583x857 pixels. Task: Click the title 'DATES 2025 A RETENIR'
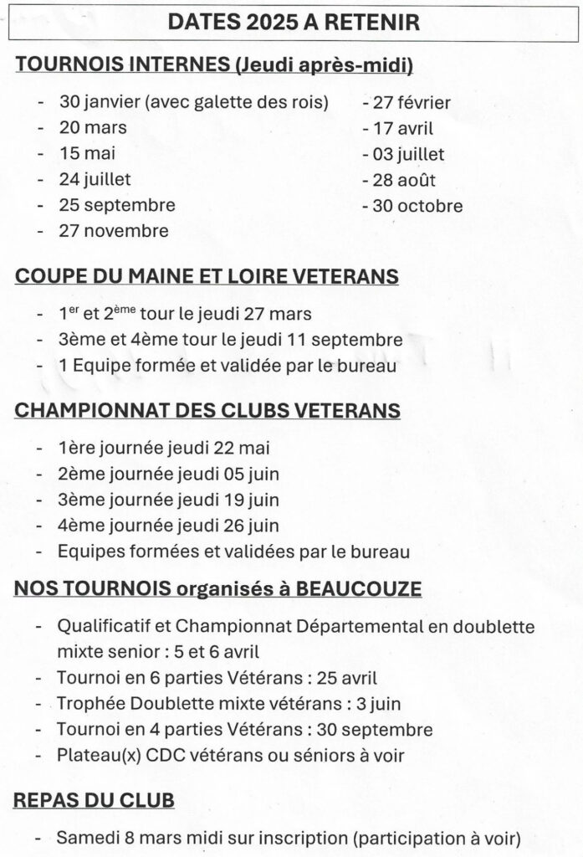point(294,23)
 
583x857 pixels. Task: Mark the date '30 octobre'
point(417,206)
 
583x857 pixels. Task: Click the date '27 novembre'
point(114,231)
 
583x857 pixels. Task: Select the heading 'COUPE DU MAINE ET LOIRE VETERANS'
point(207,277)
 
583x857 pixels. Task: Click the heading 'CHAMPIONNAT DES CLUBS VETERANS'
point(207,411)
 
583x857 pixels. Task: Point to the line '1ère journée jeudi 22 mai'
point(164,448)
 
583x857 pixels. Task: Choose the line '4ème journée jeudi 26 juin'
point(168,526)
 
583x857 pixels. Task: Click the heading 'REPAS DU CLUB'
point(94,800)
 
